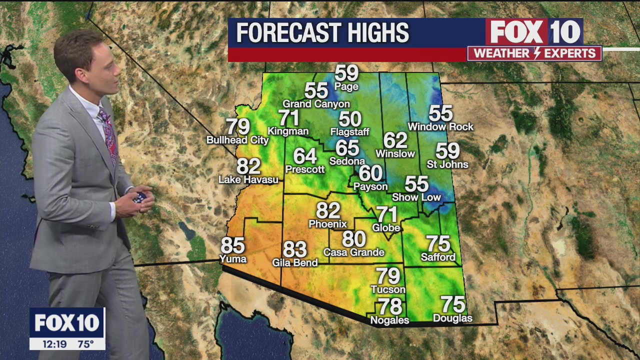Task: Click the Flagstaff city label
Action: [x=350, y=132]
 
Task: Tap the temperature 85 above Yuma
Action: [x=232, y=245]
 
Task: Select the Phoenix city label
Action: [x=328, y=223]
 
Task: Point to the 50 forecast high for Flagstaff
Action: [x=350, y=119]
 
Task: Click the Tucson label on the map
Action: [x=388, y=289]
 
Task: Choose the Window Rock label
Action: [x=440, y=127]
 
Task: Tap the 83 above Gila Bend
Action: [x=295, y=248]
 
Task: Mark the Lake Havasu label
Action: [x=248, y=179]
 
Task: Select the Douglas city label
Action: [x=452, y=318]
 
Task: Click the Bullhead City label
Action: [x=237, y=140]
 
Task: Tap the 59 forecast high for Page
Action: [x=346, y=73]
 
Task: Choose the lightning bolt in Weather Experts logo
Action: [x=534, y=53]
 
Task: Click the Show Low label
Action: [x=416, y=197]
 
